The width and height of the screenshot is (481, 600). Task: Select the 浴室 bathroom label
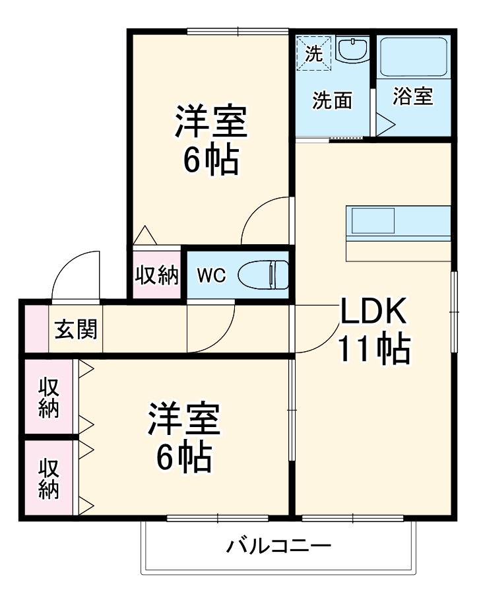click(412, 96)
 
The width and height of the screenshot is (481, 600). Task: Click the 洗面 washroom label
click(332, 100)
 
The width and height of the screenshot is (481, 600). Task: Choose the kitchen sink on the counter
click(373, 220)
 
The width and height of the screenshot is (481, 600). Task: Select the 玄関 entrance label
click(75, 328)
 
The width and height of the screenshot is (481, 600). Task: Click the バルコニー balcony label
click(278, 546)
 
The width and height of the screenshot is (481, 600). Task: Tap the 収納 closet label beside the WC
click(157, 275)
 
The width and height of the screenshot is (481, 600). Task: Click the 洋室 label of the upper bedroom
click(210, 121)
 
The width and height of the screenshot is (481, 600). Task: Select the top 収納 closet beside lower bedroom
click(48, 397)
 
